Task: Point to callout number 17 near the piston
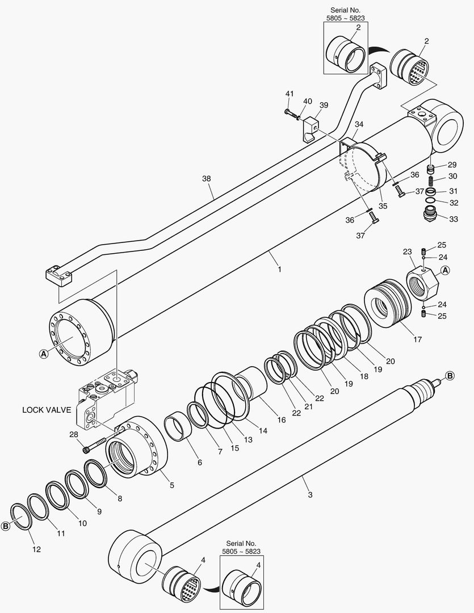point(417,340)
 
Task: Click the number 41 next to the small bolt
point(290,94)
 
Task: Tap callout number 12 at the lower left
point(36,549)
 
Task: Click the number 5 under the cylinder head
point(171,485)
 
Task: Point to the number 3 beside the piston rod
point(310,495)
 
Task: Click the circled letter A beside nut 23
point(446,270)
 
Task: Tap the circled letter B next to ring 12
point(6,526)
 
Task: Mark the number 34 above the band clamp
point(359,124)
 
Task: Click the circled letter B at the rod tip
point(449,375)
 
